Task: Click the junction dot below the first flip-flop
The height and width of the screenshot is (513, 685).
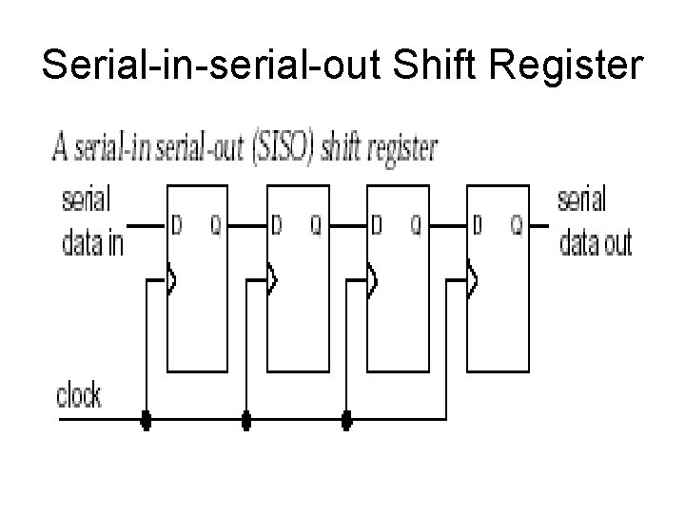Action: click(x=146, y=417)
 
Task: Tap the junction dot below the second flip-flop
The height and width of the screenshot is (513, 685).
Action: click(x=246, y=417)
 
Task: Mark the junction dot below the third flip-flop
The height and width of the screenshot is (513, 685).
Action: click(x=347, y=417)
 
